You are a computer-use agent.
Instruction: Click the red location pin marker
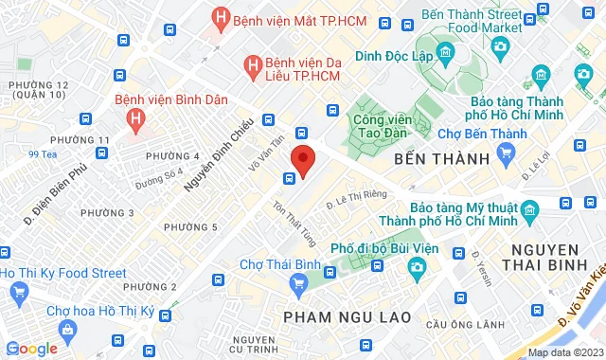[302, 158]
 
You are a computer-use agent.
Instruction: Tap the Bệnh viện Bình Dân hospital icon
[136, 119]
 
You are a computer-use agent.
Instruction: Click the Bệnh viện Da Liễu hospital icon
[252, 65]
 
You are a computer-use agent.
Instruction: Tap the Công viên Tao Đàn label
[386, 127]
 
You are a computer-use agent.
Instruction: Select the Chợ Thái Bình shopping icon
[299, 281]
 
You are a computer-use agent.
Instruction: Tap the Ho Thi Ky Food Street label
[63, 273]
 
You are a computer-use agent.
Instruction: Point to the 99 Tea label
[43, 154]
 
